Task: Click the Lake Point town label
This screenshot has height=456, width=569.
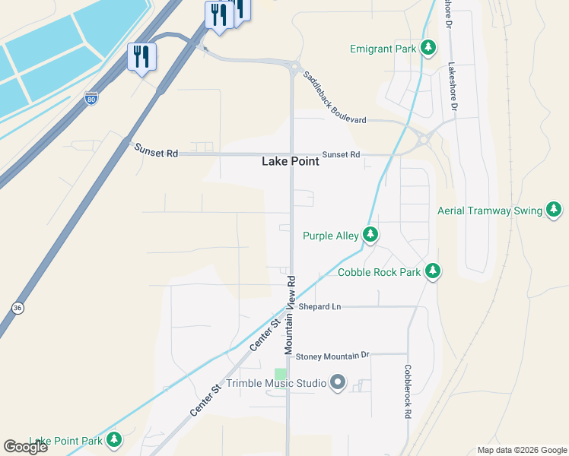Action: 290,161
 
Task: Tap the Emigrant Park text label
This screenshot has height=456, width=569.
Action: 383,49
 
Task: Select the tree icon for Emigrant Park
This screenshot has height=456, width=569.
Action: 429,48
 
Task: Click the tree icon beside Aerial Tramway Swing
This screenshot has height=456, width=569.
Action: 555,210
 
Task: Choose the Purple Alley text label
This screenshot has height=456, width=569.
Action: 330,236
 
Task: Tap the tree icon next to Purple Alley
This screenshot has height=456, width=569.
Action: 370,235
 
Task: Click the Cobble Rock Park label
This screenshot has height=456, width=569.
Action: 379,272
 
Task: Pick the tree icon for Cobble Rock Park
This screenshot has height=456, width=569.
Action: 433,271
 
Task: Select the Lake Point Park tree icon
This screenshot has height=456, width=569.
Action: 114,439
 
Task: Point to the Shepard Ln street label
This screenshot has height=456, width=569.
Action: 319,306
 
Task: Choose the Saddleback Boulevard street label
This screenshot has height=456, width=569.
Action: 335,97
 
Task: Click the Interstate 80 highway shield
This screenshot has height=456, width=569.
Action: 91,99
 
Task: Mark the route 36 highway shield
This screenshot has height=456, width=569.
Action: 17,308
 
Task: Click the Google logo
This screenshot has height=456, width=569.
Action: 25,447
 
